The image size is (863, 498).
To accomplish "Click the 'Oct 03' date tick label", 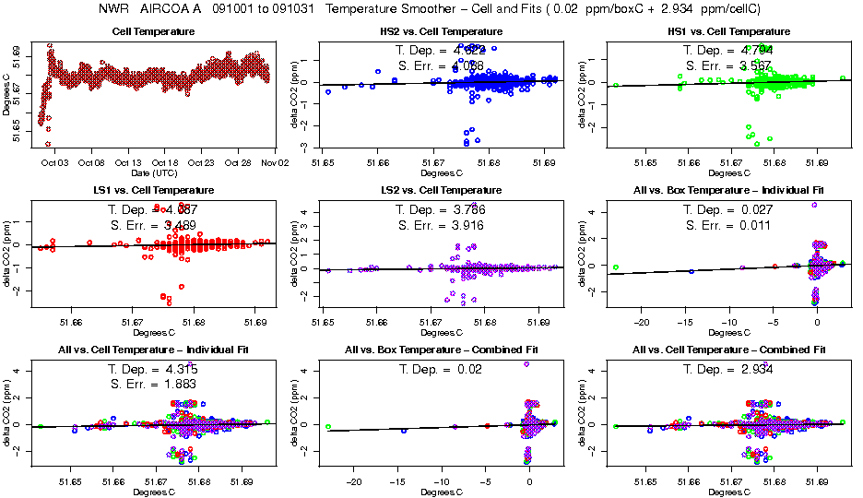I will [x=54, y=162].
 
